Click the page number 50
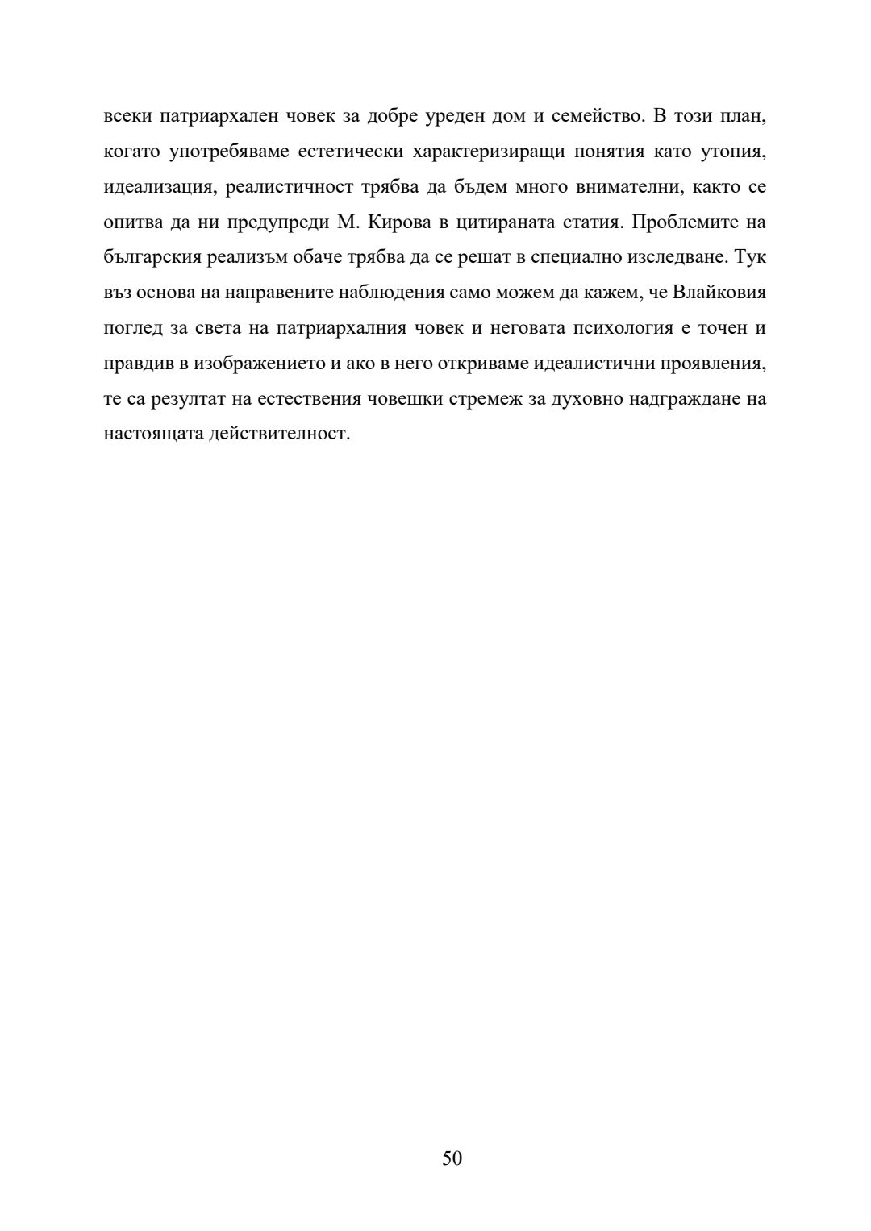452,1158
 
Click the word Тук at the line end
751,258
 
